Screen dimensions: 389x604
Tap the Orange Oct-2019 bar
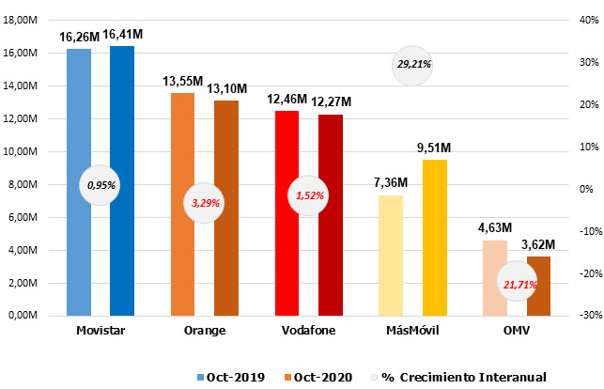pos(183,141)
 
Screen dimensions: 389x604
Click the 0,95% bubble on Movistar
pos(101,185)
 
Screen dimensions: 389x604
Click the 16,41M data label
pos(122,35)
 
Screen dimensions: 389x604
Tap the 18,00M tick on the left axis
pos(33,20)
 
